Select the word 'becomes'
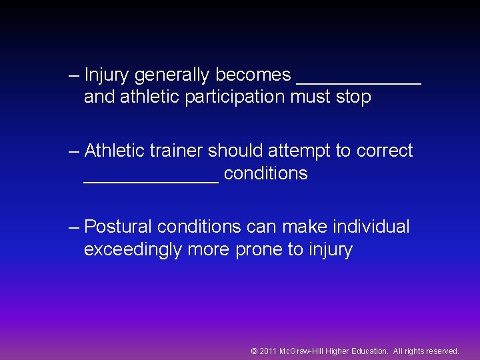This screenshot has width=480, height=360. [x=253, y=75]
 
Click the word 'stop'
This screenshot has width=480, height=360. [x=353, y=97]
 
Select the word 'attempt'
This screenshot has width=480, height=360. [x=299, y=151]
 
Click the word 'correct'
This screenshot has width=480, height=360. [x=385, y=151]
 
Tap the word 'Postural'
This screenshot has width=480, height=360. [x=119, y=227]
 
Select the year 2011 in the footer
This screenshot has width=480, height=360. [x=268, y=351]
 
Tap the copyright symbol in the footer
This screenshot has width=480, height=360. [x=254, y=351]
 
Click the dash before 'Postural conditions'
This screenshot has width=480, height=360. [x=74, y=227]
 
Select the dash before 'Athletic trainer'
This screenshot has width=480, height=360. [x=74, y=151]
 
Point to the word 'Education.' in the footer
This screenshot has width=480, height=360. [x=369, y=351]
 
